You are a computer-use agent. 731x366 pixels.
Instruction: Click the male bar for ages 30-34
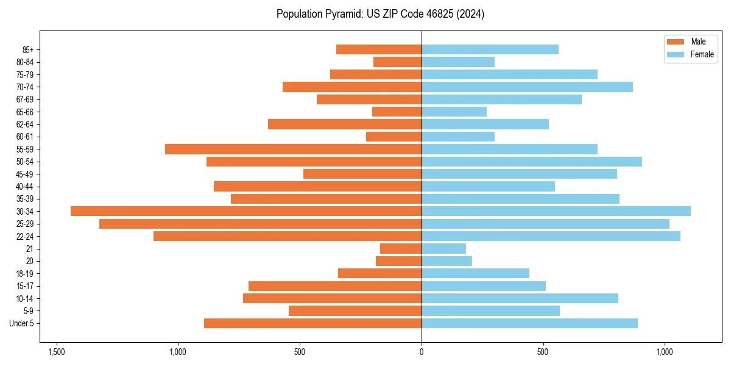point(246,211)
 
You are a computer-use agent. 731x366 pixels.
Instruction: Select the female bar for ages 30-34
point(556,211)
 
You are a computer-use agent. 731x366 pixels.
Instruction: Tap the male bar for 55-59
point(293,149)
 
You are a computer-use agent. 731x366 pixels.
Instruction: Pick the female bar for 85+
point(490,49)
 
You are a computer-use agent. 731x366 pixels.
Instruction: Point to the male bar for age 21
point(401,248)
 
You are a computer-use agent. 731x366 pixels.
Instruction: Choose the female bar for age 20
point(447,261)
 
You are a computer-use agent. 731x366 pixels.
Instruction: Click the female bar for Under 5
point(529,323)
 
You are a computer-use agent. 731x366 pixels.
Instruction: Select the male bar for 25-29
point(260,224)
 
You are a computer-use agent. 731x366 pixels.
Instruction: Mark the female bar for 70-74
point(527,87)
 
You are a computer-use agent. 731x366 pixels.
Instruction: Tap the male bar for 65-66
point(397,112)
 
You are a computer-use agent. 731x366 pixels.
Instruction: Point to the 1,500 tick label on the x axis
point(57,352)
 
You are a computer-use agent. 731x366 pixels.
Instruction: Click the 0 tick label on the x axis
point(422,352)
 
